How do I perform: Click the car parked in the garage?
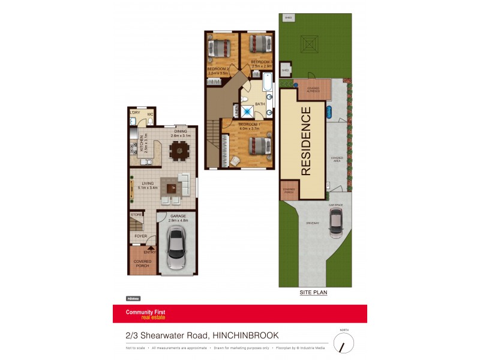177,248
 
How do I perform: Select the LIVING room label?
148,184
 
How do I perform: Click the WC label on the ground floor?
151,114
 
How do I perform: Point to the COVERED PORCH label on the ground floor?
142,263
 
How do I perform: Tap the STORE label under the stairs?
137,214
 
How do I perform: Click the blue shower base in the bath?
246,111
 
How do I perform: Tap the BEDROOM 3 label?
262,62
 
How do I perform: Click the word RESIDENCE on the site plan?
305,141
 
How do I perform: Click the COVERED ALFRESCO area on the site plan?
313,89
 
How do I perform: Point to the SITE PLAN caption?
314,293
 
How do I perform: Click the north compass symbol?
343,343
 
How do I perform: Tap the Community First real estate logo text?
145,314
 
